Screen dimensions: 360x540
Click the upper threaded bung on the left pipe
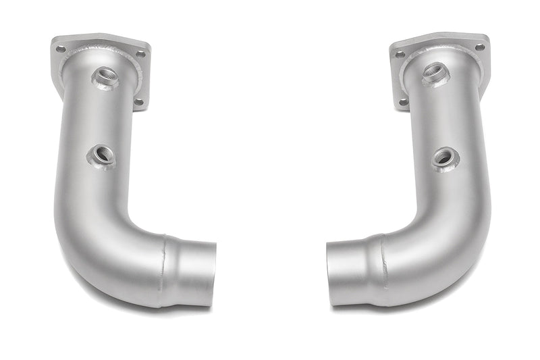105,78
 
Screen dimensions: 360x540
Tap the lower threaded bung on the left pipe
101,156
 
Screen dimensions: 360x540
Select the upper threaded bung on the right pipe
435,74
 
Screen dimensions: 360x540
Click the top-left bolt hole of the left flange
61,49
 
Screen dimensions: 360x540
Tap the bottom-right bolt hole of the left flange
139,102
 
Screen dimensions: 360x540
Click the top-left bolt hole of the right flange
400,54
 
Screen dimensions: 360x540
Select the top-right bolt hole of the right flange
479,47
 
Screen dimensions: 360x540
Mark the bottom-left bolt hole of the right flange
402,102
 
